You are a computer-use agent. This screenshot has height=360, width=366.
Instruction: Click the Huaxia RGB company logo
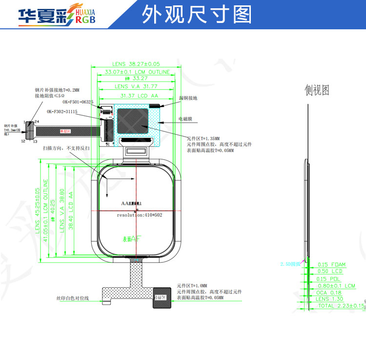click(56, 16)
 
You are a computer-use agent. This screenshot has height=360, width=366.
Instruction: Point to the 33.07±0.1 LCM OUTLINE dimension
click(137, 72)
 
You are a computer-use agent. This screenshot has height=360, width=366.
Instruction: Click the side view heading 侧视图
click(317, 90)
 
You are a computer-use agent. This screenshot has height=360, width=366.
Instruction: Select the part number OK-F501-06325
click(78, 102)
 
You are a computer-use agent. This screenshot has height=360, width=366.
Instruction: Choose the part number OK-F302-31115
click(63, 111)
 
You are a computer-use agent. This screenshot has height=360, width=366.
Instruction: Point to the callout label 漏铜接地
click(188, 98)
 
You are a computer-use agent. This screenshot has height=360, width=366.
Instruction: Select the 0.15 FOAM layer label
click(331, 265)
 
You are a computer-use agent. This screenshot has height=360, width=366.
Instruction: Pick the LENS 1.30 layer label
click(329, 299)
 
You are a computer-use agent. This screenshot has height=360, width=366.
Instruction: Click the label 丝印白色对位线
click(73, 298)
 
